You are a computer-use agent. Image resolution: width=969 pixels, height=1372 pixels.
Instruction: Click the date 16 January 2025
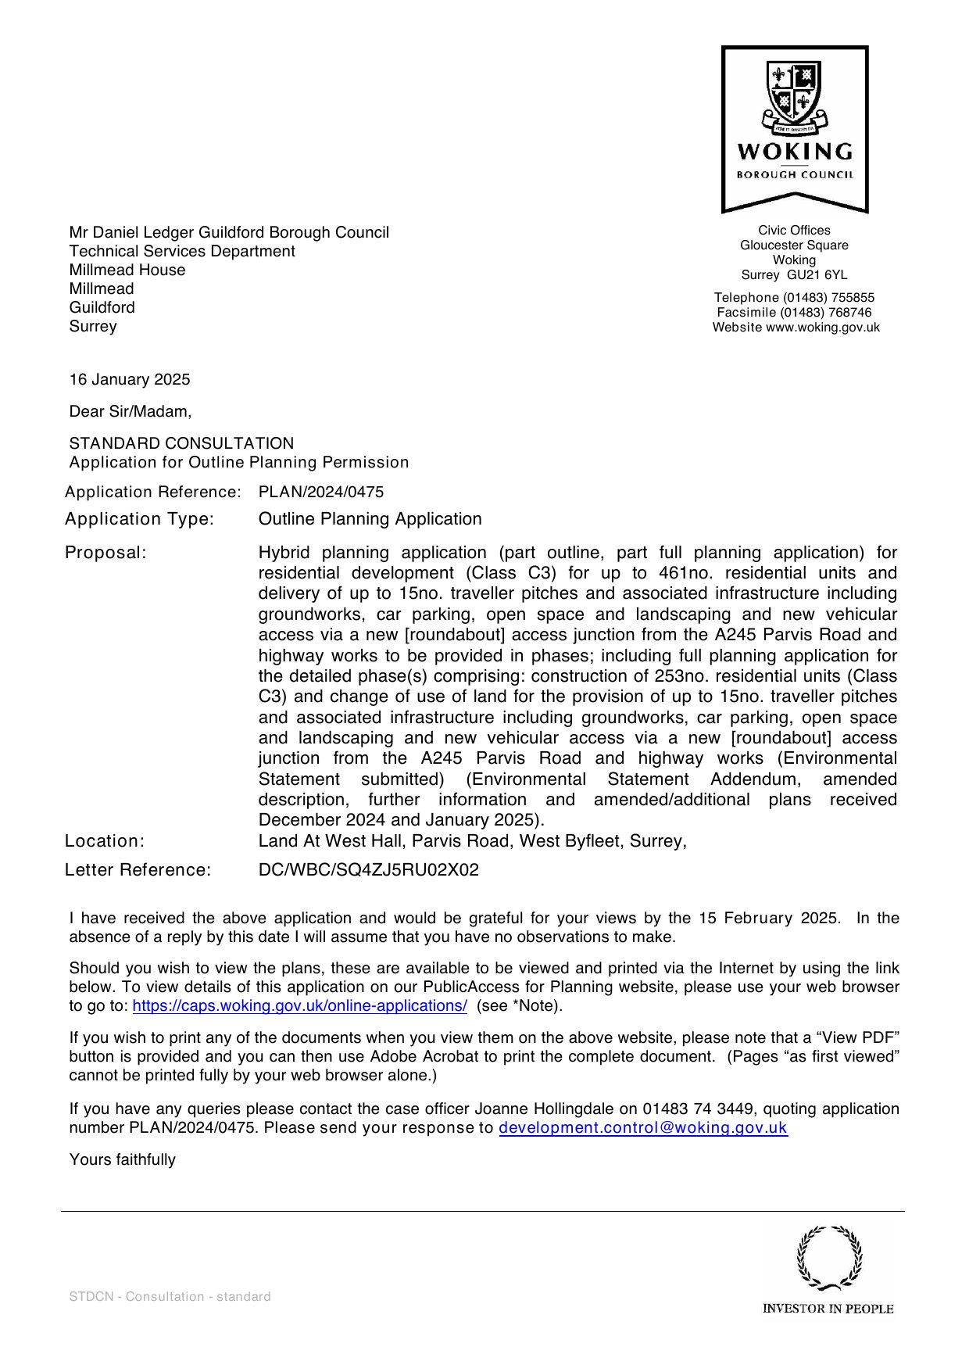[x=130, y=380]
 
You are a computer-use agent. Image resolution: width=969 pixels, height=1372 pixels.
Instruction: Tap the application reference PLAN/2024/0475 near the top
[x=321, y=493]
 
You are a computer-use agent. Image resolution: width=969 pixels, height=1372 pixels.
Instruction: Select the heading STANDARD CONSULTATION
[x=181, y=443]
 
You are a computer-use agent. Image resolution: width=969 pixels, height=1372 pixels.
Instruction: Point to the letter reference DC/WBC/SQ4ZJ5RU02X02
[x=369, y=870]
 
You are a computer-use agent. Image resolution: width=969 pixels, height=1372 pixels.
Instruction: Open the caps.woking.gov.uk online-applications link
[x=299, y=1006]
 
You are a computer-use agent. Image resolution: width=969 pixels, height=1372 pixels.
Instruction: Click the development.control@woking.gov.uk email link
[x=642, y=1128]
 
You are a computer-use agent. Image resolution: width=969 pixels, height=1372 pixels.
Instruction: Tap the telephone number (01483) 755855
[x=828, y=298]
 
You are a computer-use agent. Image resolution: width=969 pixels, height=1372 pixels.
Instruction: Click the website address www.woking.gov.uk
[x=822, y=328]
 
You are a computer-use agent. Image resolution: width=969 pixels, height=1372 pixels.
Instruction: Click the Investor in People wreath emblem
[x=829, y=1258]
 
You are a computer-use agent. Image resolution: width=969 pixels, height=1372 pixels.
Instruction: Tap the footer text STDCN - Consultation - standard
[x=170, y=1297]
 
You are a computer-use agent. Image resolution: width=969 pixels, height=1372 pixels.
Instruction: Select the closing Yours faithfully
[x=122, y=1160]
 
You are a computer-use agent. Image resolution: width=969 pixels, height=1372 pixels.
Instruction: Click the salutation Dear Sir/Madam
[x=130, y=412]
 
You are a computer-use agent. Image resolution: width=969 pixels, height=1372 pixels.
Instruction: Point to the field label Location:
[x=105, y=841]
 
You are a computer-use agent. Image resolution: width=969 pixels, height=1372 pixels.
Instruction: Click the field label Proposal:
[x=105, y=553]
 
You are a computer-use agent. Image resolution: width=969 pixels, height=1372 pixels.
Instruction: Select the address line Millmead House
[x=127, y=270]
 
